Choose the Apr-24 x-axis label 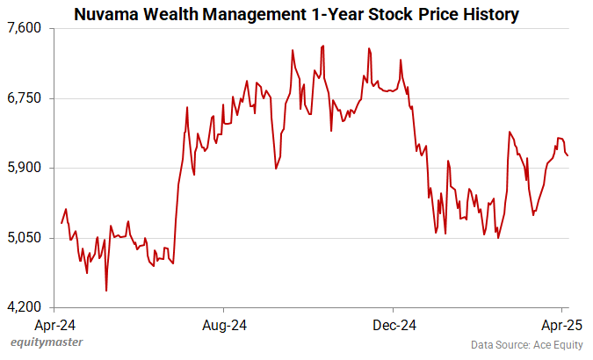click(x=55, y=326)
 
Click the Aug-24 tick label click(x=224, y=326)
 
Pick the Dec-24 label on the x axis click(x=394, y=326)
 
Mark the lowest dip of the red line click(x=106, y=291)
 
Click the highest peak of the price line click(x=323, y=46)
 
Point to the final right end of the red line click(x=568, y=156)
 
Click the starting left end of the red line click(x=61, y=223)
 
